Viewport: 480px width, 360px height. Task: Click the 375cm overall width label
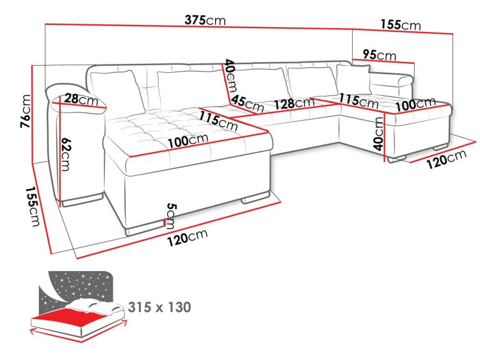pos(205,20)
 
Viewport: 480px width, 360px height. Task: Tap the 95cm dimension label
pos(380,55)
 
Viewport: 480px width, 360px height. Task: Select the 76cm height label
pos(26,111)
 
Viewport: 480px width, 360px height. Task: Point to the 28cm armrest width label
pos(81,99)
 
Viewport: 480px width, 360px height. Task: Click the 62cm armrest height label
pos(66,154)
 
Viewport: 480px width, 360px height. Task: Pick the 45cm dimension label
pos(247,104)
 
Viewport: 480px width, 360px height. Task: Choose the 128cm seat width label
pos(294,104)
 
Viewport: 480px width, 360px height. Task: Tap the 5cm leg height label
pos(171,216)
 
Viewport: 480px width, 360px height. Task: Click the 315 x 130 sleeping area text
pos(159,307)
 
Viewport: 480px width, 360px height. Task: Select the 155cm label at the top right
pos(401,24)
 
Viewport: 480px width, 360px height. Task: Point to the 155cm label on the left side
pos(33,207)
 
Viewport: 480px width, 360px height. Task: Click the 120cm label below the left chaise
pos(188,237)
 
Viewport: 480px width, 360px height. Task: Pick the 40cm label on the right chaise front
pos(379,134)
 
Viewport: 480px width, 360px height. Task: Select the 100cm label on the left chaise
pos(188,141)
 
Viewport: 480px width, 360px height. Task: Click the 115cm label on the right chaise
pos(358,100)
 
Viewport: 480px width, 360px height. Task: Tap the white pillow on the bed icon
pos(95,306)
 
